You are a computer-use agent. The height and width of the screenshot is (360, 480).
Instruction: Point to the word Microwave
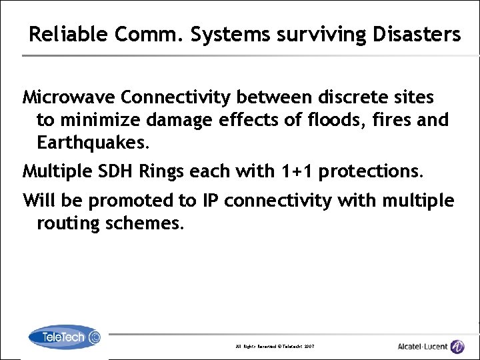(x=69, y=98)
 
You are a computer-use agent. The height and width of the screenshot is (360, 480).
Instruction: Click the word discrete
(x=354, y=98)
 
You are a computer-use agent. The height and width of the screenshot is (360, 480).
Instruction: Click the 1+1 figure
(x=295, y=171)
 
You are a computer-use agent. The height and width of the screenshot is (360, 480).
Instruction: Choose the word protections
(x=371, y=171)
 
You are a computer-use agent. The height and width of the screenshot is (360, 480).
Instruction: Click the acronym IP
(x=211, y=200)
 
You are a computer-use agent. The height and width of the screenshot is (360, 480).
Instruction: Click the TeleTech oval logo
(x=65, y=337)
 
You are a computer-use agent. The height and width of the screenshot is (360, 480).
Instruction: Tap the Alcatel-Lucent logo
(x=430, y=346)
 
